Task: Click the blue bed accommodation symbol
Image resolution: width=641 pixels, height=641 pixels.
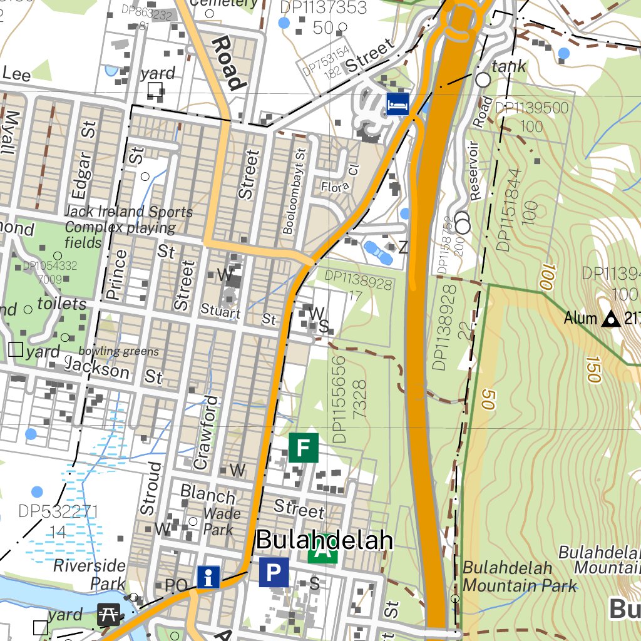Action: (397, 104)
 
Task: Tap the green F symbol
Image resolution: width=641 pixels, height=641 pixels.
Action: (304, 448)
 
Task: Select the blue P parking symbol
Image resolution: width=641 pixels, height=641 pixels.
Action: (274, 572)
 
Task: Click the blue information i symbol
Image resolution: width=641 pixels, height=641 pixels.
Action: (208, 577)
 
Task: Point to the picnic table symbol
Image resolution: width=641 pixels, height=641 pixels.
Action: (109, 614)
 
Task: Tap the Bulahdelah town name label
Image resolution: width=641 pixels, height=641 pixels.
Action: (324, 541)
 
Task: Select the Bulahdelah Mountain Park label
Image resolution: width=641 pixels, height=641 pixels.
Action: (519, 577)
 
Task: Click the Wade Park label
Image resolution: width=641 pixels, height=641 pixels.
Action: (222, 521)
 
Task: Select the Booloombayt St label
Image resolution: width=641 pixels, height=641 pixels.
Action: (290, 191)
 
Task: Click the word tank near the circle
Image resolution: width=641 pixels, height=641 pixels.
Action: (509, 67)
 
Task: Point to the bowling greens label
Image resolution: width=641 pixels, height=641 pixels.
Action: (118, 351)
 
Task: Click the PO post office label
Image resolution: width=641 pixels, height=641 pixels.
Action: (177, 586)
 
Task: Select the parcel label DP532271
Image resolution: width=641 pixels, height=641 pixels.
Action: (58, 511)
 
